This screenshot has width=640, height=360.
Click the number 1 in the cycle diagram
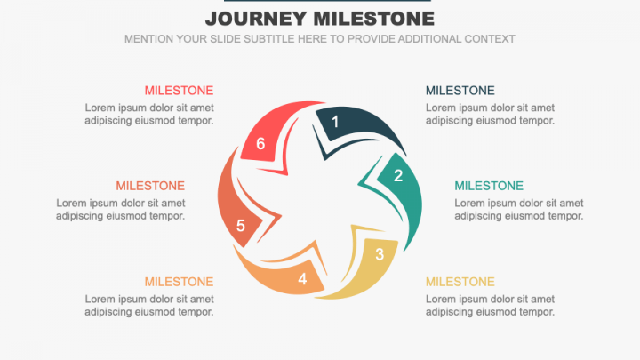pyautogui.click(x=335, y=122)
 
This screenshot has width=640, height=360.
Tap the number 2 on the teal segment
pyautogui.click(x=398, y=175)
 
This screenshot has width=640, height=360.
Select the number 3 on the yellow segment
pyautogui.click(x=380, y=254)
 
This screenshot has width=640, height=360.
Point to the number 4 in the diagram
pyautogui.click(x=302, y=279)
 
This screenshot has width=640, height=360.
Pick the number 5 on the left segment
pyautogui.click(x=241, y=226)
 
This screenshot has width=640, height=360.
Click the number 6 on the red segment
pyautogui.click(x=260, y=144)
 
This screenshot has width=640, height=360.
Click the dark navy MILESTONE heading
pyautogui.click(x=460, y=91)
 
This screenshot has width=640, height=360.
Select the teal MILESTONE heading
pyautogui.click(x=488, y=186)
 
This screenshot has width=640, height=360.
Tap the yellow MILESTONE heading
pyautogui.click(x=460, y=282)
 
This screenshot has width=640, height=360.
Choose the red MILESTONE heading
pyautogui.click(x=179, y=91)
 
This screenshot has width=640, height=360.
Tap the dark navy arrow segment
pyautogui.click(x=364, y=124)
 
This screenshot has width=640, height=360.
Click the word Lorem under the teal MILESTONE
pyautogui.click(x=470, y=203)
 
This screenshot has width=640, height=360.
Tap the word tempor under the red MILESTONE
pyautogui.click(x=196, y=121)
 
